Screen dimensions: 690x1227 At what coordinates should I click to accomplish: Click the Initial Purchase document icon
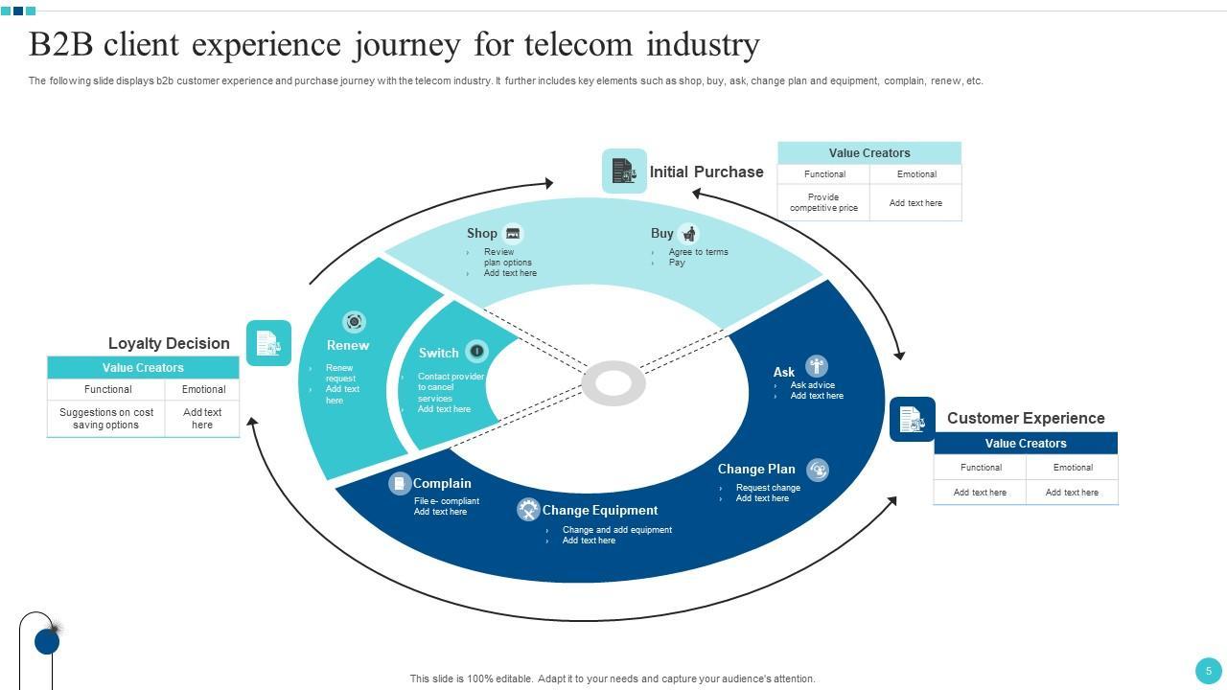pyautogui.click(x=624, y=172)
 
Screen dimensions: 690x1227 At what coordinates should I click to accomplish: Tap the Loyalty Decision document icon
pyautogui.click(x=268, y=343)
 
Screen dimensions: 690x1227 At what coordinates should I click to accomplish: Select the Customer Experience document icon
pyautogui.click(x=912, y=419)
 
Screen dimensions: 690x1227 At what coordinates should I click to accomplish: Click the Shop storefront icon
pyautogui.click(x=513, y=233)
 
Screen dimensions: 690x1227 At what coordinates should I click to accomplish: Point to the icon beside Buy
pyautogui.click(x=688, y=234)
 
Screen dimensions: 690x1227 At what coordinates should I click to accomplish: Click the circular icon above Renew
pyautogui.click(x=354, y=322)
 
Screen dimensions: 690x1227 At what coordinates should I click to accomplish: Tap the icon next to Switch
pyautogui.click(x=476, y=351)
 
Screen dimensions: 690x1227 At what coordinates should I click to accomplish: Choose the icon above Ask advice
pyautogui.click(x=816, y=366)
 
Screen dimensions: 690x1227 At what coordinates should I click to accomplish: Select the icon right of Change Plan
pyautogui.click(x=817, y=470)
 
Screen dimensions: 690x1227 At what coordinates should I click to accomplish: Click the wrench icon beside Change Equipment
pyautogui.click(x=528, y=510)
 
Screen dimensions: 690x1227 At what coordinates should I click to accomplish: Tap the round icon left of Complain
pyautogui.click(x=400, y=484)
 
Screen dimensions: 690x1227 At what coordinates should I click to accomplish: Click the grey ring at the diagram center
pyautogui.click(x=613, y=383)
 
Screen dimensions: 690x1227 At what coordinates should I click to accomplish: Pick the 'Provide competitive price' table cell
pyautogui.click(x=823, y=202)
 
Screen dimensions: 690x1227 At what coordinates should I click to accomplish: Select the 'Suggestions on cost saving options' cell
pyautogui.click(x=106, y=419)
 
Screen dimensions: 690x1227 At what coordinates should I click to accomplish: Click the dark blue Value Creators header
pyautogui.click(x=1026, y=444)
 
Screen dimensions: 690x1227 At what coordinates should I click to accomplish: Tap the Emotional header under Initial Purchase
pyautogui.click(x=916, y=174)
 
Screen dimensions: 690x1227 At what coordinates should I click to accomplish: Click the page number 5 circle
pyautogui.click(x=1208, y=671)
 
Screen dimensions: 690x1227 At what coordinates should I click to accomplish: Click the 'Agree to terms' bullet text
pyautogui.click(x=698, y=252)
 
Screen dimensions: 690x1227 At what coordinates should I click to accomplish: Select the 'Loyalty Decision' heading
pyautogui.click(x=169, y=343)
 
